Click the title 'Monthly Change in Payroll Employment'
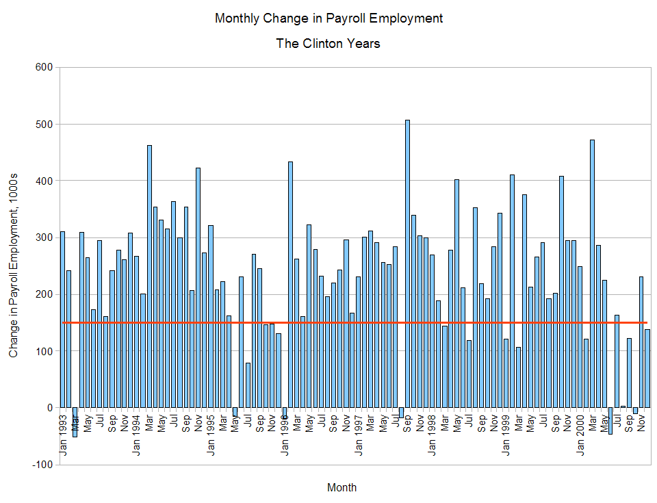[x=328, y=18]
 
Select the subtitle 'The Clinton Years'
[x=328, y=44]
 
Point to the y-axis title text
[x=14, y=265]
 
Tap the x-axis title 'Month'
[x=342, y=488]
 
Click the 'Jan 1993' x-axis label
[x=63, y=435]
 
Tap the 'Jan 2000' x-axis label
[x=580, y=435]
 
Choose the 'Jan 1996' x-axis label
[x=285, y=435]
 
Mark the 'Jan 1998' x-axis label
[x=433, y=435]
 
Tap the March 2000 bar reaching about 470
[x=592, y=274]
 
